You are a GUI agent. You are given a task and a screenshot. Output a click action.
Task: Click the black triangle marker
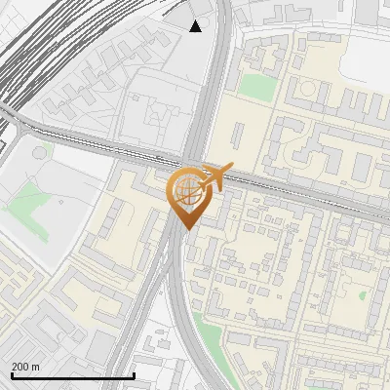coord(196,25)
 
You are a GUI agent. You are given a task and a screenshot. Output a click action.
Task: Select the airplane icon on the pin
coord(214,176)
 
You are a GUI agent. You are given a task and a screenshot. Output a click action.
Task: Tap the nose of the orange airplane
coord(231,167)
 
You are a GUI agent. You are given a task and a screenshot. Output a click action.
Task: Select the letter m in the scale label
coord(36,367)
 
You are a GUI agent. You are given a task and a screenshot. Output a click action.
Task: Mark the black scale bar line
coord(72,375)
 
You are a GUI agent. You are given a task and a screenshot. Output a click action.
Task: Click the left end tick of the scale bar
coord(12,373)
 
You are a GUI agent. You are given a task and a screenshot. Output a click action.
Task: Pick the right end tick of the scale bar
coord(134,373)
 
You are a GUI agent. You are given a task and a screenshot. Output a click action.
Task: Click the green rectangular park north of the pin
coord(257,86)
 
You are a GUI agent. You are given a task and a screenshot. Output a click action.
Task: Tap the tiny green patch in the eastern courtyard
coord(362,292)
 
